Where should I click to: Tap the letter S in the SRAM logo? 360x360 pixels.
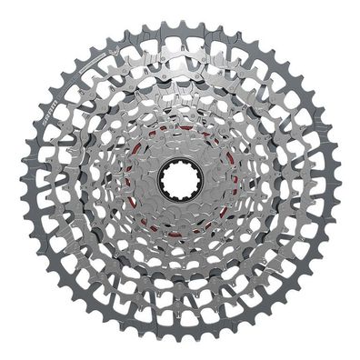click(x=52, y=120)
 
